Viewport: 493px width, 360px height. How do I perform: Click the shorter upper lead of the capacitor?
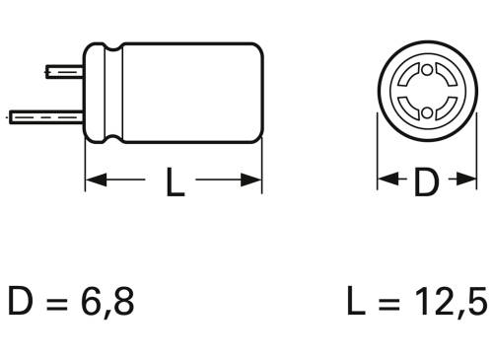(63, 72)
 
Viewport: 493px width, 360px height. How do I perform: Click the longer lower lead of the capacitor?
(44, 115)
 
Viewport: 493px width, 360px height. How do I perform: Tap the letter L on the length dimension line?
(175, 181)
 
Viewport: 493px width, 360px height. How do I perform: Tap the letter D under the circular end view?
(424, 181)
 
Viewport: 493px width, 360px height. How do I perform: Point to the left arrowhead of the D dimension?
(386, 181)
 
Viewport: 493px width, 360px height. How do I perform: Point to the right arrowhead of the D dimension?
(462, 181)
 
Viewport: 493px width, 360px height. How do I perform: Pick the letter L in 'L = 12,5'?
(356, 301)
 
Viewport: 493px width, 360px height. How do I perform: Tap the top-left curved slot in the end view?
(406, 78)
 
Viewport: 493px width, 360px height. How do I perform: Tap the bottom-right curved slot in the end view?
(442, 109)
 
